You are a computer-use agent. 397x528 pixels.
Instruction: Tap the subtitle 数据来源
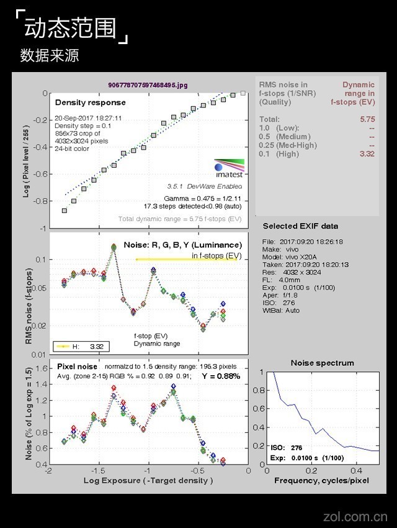pos(50,55)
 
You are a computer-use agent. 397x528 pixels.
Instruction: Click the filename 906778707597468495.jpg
pos(147,84)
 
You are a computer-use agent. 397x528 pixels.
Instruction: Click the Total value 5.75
pos(367,119)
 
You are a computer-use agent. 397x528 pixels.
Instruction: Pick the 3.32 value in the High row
pos(367,153)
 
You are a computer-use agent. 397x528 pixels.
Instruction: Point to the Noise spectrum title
pos(322,363)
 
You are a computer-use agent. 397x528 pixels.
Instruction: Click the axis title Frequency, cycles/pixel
pos(321,480)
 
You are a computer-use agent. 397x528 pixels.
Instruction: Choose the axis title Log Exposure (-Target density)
pos(148,480)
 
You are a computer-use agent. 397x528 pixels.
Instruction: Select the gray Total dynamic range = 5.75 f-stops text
pos(180,219)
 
